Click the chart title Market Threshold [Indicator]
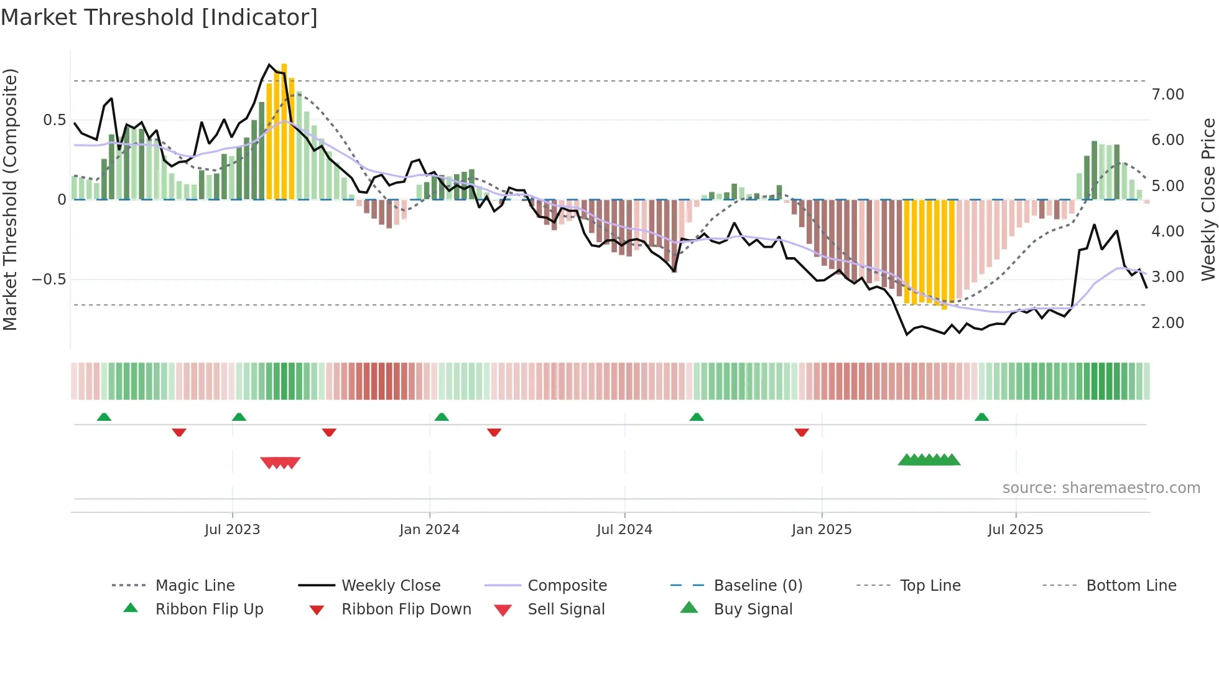(159, 17)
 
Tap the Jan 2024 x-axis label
(429, 530)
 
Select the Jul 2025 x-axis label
(1015, 530)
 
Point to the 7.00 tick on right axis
(1167, 95)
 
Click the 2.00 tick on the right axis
(1167, 323)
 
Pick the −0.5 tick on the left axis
(49, 279)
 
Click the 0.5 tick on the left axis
(54, 120)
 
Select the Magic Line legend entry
(195, 586)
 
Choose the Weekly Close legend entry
(391, 586)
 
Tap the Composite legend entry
(567, 586)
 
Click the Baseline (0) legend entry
(758, 586)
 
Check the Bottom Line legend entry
(1131, 586)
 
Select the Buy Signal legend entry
(753, 609)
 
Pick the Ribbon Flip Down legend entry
(406, 609)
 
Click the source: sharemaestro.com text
(1101, 488)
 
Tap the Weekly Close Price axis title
(1208, 199)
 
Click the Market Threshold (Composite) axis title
(10, 199)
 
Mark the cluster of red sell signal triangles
(280, 463)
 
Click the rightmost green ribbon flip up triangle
(981, 417)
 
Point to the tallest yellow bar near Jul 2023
(284, 131)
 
